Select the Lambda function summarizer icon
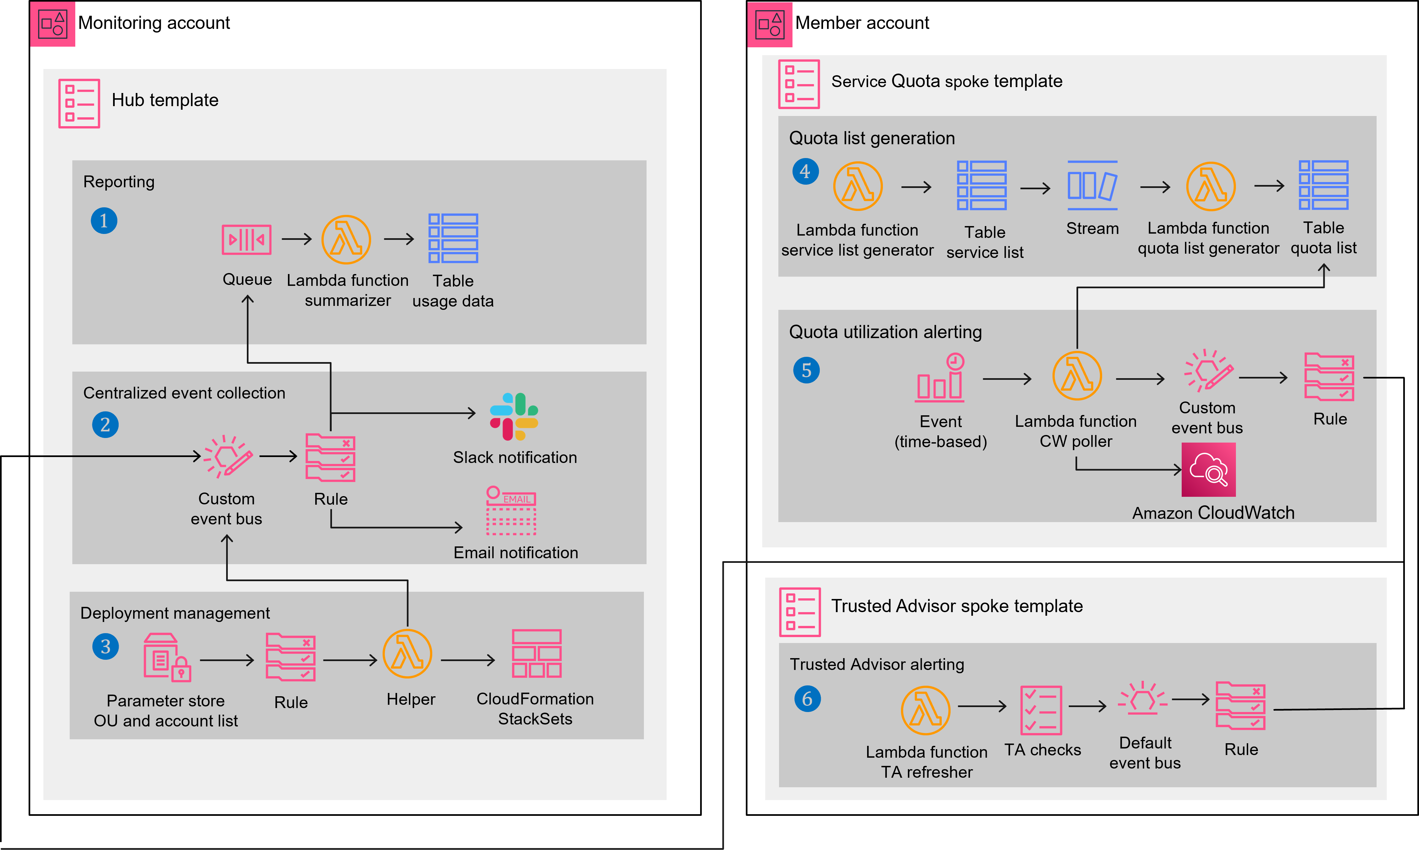pyautogui.click(x=346, y=240)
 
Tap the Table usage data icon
pyautogui.click(x=453, y=238)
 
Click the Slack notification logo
pyautogui.click(x=514, y=416)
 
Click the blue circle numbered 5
pyautogui.click(x=806, y=370)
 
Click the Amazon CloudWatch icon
pyautogui.click(x=1209, y=470)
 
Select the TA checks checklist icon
pyautogui.click(x=1041, y=710)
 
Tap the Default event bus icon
pyautogui.click(x=1143, y=699)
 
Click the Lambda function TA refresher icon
pyautogui.click(x=926, y=710)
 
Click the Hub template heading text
pyautogui.click(x=165, y=100)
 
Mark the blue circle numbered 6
pyautogui.click(x=807, y=699)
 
